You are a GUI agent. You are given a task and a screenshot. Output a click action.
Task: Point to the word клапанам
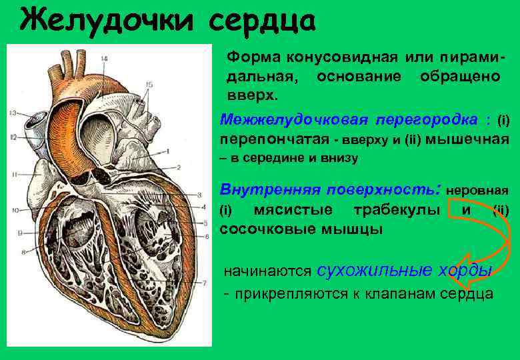(x=400, y=293)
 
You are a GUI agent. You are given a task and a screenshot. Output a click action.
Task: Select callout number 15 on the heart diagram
(x=149, y=84)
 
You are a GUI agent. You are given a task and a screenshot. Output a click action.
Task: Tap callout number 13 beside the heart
(x=13, y=113)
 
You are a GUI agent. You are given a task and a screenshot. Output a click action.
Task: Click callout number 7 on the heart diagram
(x=203, y=282)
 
